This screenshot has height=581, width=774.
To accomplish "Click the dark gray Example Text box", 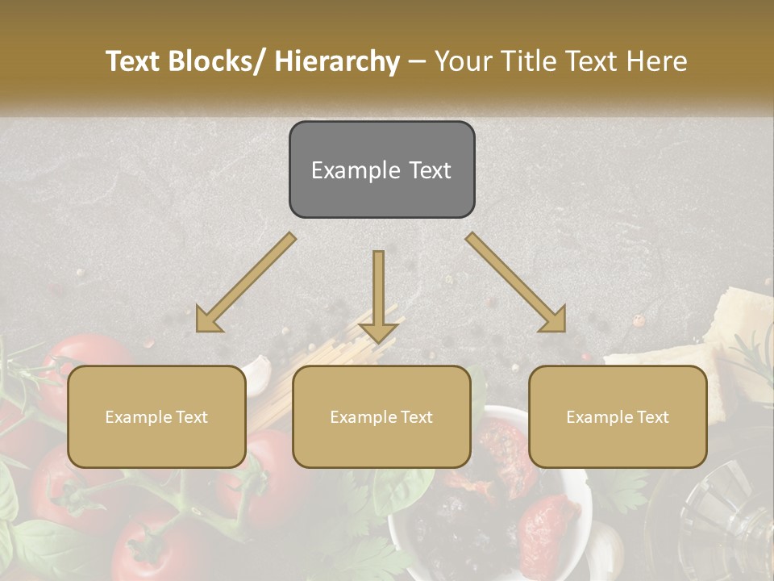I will pos(381,169).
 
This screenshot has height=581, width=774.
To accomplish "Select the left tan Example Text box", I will pos(156,416).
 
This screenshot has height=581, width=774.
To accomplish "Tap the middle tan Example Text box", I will pos(381,416).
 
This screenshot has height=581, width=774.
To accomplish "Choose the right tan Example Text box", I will pos(618,416).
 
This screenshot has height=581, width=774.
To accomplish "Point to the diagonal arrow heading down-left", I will pos(247,282).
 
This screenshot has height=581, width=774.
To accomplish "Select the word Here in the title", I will pos(657,61).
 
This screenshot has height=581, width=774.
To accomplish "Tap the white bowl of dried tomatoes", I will pos(492,516).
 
